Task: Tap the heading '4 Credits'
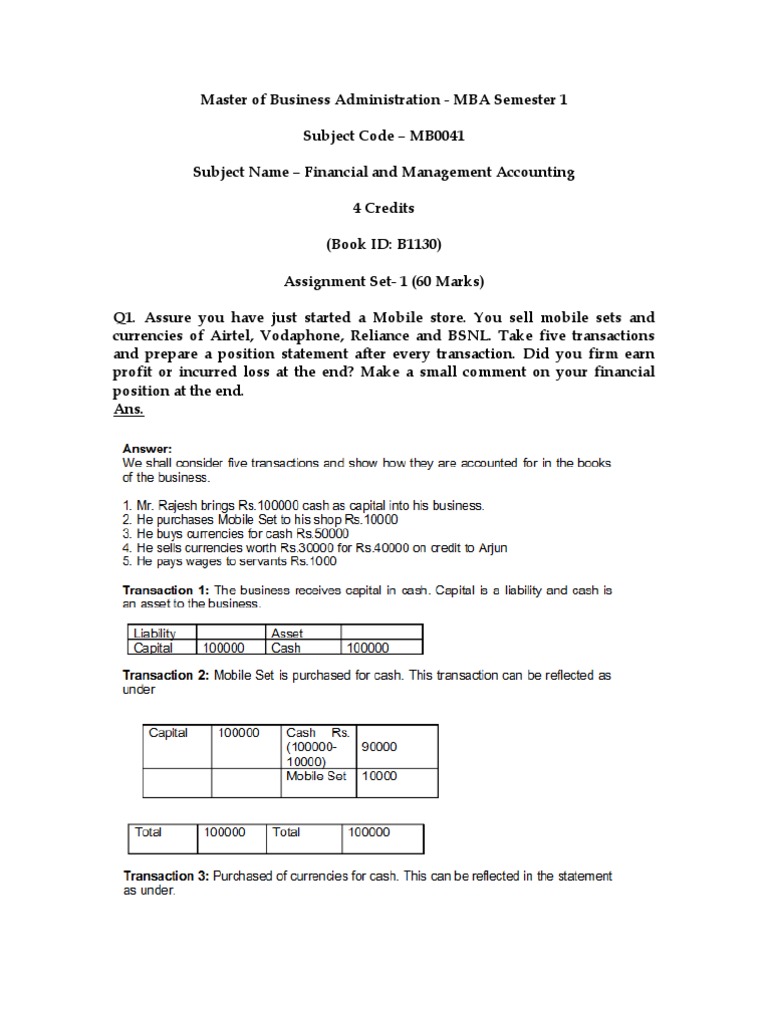(384, 208)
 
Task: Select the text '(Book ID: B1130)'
(384, 244)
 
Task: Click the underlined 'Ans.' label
(130, 409)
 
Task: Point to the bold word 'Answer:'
(148, 449)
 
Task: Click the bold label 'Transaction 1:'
(165, 589)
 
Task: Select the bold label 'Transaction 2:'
(165, 675)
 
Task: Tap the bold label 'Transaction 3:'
(165, 876)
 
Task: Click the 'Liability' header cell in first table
(153, 633)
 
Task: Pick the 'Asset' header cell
(288, 633)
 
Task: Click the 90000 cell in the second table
(379, 746)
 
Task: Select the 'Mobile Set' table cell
(315, 776)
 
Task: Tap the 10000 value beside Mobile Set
(379, 776)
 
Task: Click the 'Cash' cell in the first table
(286, 647)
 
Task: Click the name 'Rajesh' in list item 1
(179, 507)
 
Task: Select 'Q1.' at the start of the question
(127, 318)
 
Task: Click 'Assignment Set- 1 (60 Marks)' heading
(384, 281)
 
